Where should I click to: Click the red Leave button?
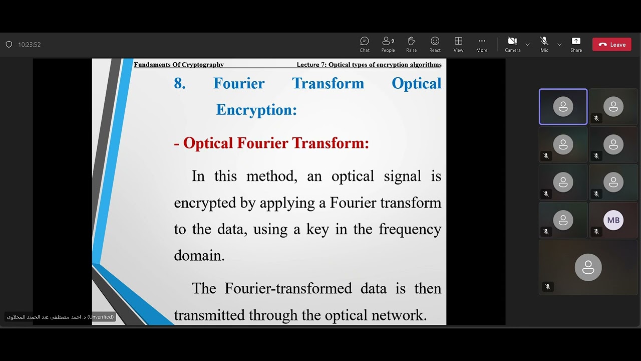point(611,45)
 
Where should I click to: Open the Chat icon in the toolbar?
point(365,44)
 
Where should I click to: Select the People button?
point(388,44)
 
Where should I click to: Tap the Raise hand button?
point(412,44)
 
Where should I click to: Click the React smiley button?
point(435,44)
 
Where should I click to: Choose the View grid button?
point(458,44)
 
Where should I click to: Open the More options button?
point(482,44)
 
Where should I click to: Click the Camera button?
point(512,44)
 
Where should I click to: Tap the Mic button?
point(544,44)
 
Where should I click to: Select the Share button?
point(576,44)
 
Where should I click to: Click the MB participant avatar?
point(613,220)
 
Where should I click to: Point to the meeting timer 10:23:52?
point(30,45)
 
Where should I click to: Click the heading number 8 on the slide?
point(180,83)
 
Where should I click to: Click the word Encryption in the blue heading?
point(256,110)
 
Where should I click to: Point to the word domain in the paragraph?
point(198,255)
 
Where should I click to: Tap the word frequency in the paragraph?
point(410,229)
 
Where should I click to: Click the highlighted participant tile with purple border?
point(563,107)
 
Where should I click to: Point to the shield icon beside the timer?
point(9,45)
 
